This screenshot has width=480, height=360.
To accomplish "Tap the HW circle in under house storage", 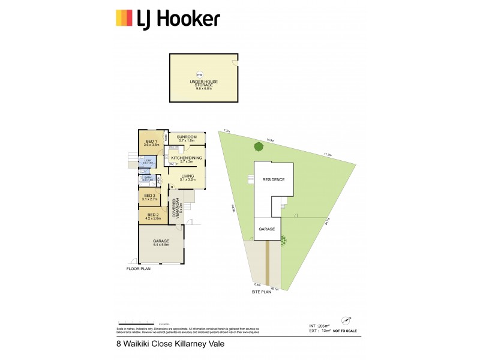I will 200,74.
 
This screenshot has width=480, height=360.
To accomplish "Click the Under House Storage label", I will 200,83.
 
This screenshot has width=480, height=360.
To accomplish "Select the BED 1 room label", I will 151,143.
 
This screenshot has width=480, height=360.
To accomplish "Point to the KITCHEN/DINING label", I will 187,158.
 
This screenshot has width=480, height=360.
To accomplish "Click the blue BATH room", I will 147,178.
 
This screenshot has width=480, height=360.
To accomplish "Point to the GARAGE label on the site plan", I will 266,229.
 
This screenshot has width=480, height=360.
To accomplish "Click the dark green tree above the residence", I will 259,146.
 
